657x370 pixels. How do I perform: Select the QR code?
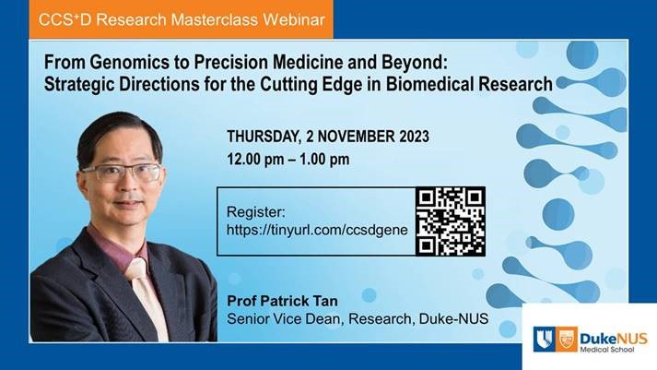point(451,221)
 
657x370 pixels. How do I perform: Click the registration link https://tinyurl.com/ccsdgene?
point(317,230)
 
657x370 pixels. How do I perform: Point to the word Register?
point(255,212)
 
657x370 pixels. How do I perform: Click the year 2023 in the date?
point(414,137)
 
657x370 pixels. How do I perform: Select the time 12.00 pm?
point(255,160)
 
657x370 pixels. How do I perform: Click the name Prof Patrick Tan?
point(282,301)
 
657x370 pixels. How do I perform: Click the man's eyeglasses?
point(122,172)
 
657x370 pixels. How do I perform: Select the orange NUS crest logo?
point(567,339)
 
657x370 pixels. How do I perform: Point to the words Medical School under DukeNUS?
point(607,349)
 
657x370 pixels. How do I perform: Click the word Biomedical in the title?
point(430,84)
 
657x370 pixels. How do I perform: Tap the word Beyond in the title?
point(412,63)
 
